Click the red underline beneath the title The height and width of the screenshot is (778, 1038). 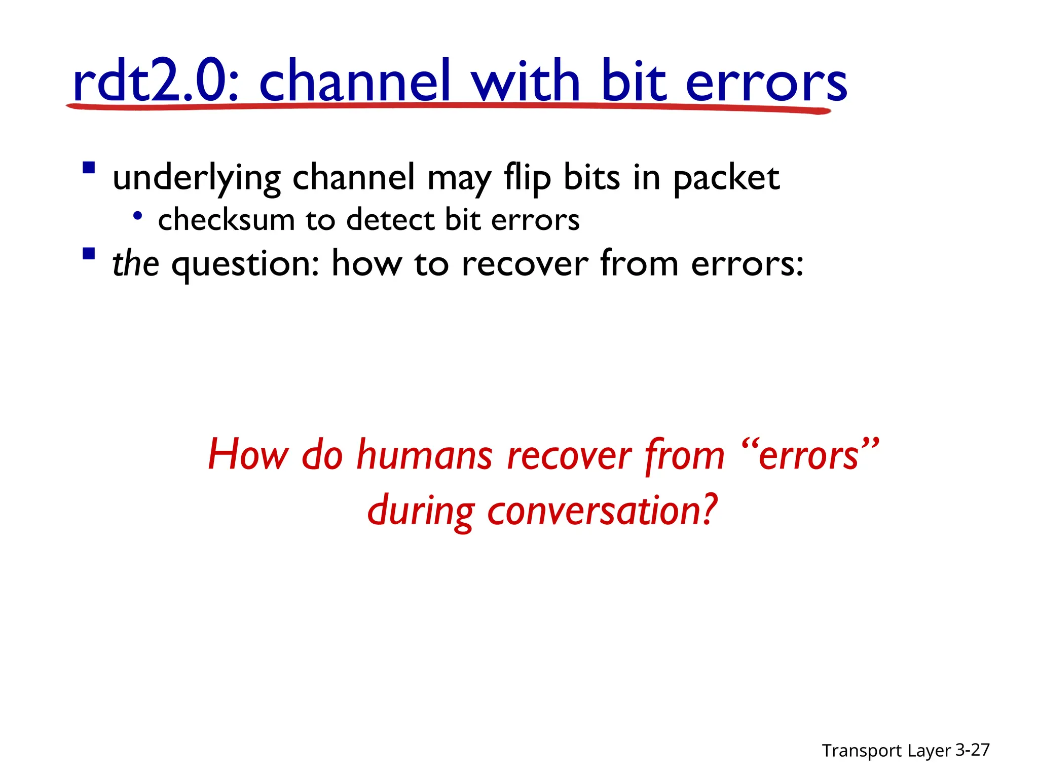pyautogui.click(x=446, y=106)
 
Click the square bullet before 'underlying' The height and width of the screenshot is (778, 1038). pyautogui.click(x=89, y=168)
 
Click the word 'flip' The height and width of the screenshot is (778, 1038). pyautogui.click(x=527, y=178)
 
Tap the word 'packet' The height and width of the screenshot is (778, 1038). pyautogui.click(x=726, y=178)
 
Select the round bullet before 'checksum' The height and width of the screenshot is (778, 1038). pyautogui.click(x=137, y=216)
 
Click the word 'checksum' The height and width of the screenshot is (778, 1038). pyautogui.click(x=226, y=220)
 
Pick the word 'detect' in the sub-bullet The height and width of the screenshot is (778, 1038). pyautogui.click(x=390, y=220)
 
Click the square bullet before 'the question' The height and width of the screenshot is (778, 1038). pyautogui.click(x=89, y=253)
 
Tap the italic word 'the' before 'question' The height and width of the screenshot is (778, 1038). pyautogui.click(x=135, y=263)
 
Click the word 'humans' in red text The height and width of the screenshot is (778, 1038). pyautogui.click(x=424, y=455)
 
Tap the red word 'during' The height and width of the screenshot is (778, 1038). pyautogui.click(x=421, y=511)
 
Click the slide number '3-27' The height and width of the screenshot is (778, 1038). pyautogui.click(x=972, y=750)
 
